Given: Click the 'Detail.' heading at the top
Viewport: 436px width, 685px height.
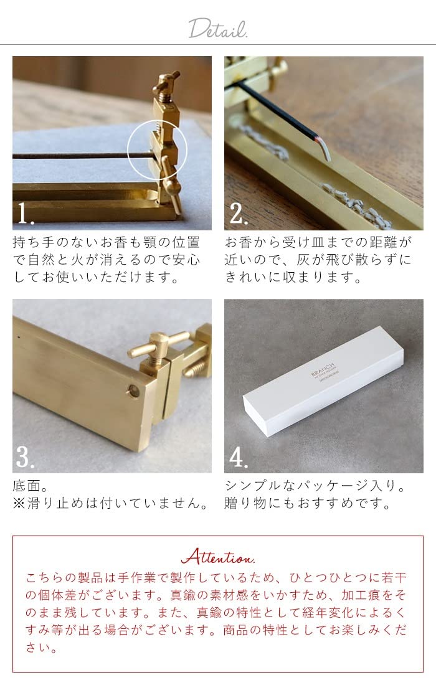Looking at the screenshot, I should coord(217,28).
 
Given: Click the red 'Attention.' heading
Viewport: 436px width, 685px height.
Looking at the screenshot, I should coord(217,556).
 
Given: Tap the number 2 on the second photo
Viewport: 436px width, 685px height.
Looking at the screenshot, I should coord(239,214).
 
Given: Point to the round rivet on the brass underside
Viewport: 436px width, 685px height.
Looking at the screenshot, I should coord(132,390).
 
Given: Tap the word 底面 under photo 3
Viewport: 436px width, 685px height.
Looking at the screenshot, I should coord(27,486).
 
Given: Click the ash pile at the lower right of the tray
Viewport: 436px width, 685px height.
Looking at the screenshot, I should coord(355,202).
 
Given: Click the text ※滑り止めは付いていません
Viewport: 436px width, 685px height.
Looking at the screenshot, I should coord(110,503).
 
